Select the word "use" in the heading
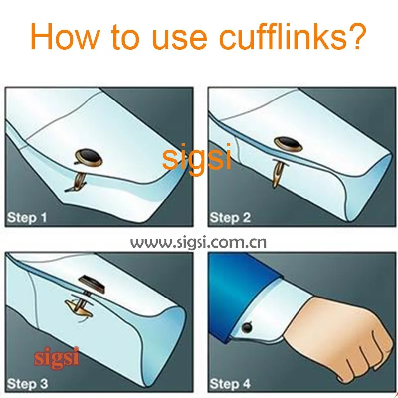(180, 40)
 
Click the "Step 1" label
(27, 218)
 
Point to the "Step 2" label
(230, 218)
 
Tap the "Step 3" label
(27, 383)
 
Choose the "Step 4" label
(230, 383)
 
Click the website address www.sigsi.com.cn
(199, 243)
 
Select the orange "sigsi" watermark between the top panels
(197, 157)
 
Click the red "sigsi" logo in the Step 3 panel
(57, 358)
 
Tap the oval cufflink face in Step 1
(89, 157)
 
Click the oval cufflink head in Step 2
(289, 144)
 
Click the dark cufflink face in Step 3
(92, 284)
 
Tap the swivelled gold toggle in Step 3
(78, 308)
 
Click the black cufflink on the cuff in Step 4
(247, 328)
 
